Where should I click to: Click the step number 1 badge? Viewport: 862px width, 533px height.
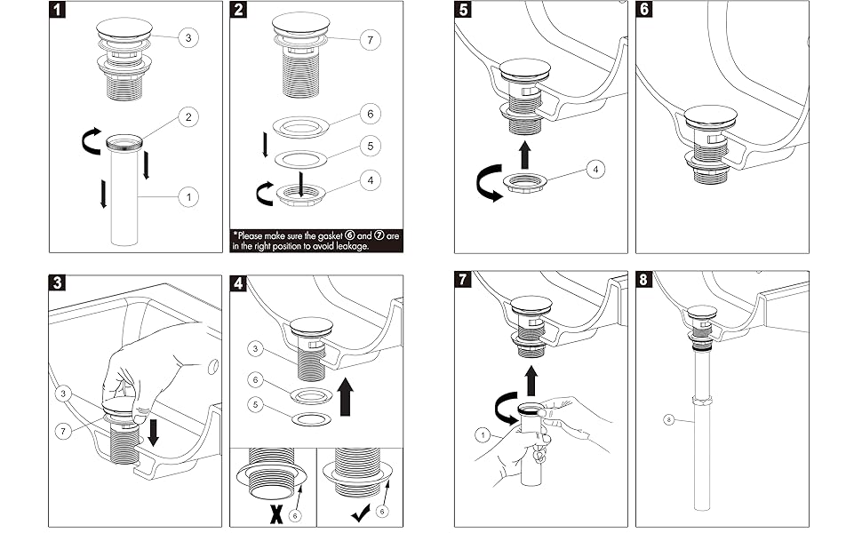coord(59,12)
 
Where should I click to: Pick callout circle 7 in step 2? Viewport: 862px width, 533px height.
coord(371,39)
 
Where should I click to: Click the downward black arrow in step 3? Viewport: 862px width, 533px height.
coord(154,434)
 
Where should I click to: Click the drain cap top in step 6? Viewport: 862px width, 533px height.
coord(712,117)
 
